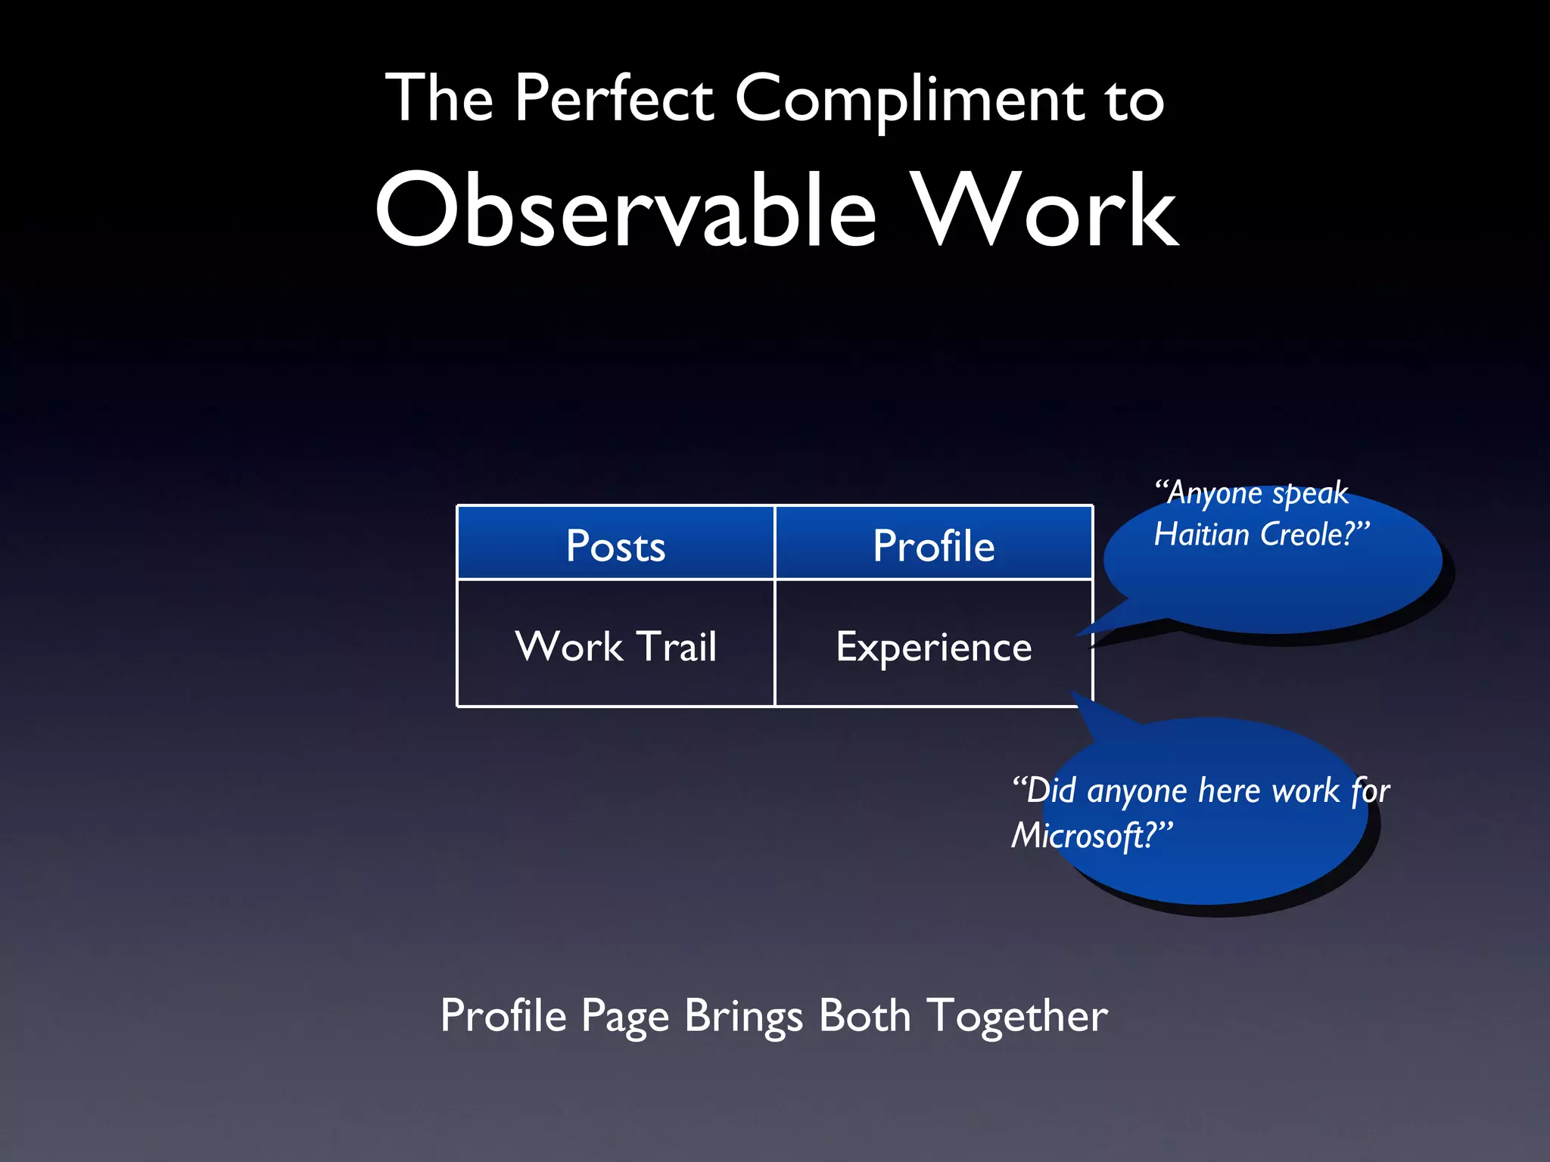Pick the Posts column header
(615, 545)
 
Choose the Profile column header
(933, 545)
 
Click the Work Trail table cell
(615, 646)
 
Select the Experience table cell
(933, 648)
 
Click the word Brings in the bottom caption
(742, 1017)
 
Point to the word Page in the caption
(624, 1017)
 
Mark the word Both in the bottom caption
(864, 1015)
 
